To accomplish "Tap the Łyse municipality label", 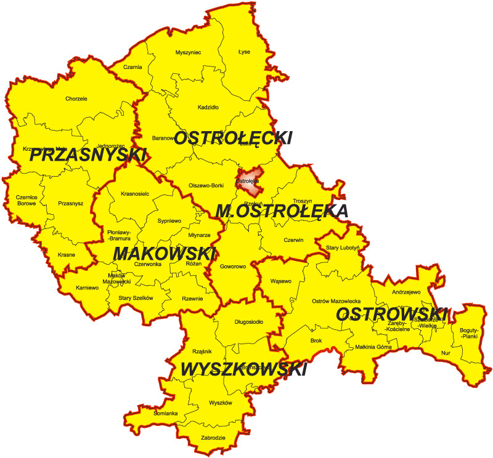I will click(244, 52).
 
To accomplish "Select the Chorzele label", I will click(76, 98).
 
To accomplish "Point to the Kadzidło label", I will click(208, 107).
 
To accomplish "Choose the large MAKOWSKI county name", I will click(165, 253).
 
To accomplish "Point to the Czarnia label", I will click(132, 67).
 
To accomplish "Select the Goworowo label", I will click(232, 267).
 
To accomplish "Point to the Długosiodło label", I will click(249, 321).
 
